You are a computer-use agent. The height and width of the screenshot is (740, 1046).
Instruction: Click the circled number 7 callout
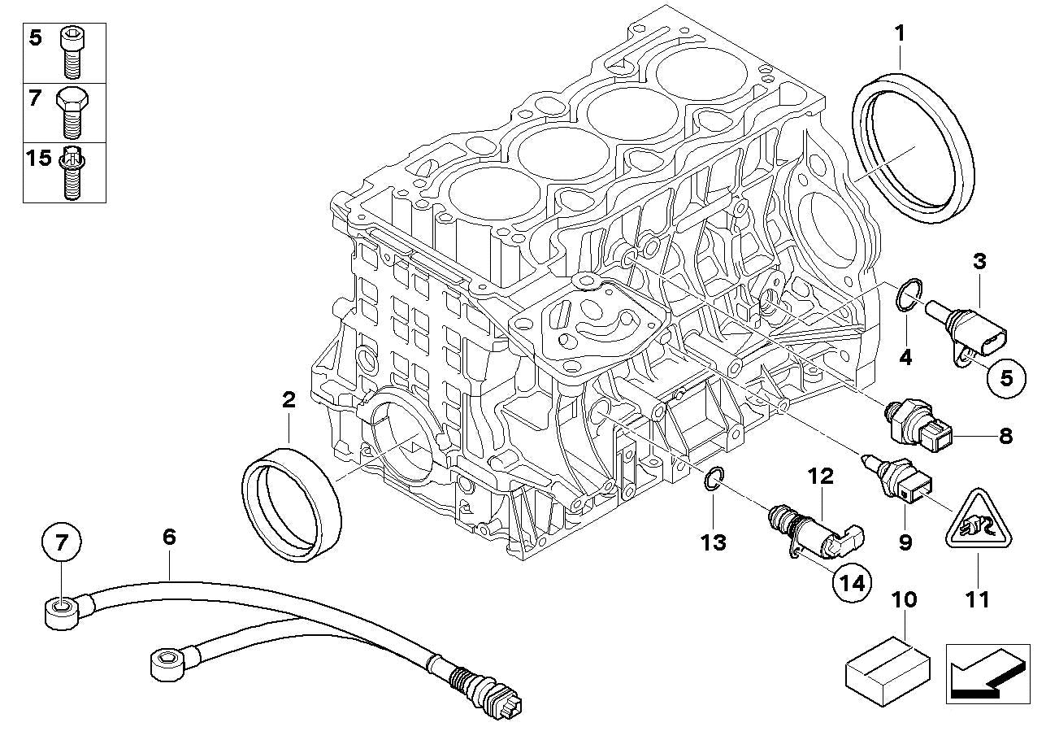click(63, 541)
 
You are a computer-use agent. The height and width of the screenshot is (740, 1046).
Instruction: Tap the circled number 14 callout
click(850, 582)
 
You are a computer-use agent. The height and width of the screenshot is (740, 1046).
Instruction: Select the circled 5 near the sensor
click(1006, 377)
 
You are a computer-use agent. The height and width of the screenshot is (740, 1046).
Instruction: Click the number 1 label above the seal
click(899, 33)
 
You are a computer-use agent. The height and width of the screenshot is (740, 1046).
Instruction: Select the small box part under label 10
click(888, 668)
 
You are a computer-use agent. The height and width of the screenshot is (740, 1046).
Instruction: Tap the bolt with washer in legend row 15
click(72, 172)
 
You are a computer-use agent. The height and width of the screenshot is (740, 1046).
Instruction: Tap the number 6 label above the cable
click(168, 538)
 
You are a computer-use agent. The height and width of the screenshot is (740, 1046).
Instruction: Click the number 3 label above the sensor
click(979, 261)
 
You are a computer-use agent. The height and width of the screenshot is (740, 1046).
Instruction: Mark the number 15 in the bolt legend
click(38, 157)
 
